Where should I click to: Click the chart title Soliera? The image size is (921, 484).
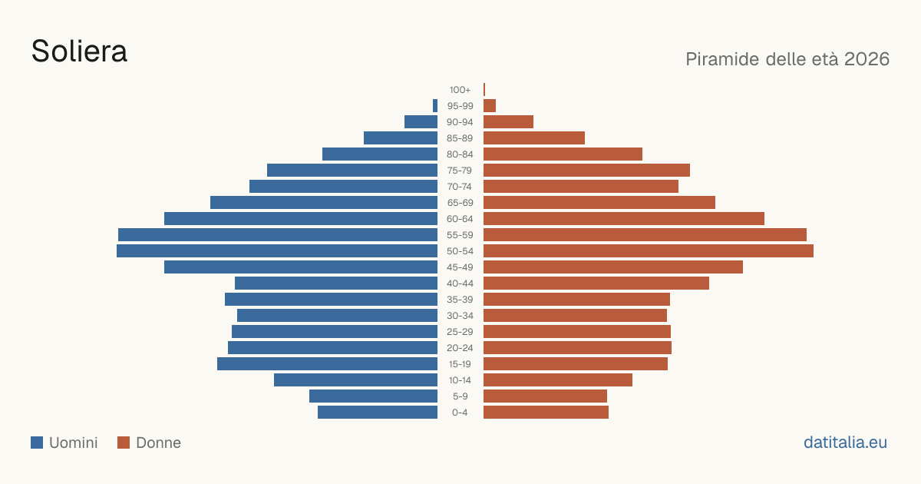(x=79, y=51)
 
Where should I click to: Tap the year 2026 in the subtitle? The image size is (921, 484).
(x=867, y=59)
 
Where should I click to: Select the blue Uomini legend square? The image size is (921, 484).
(x=37, y=443)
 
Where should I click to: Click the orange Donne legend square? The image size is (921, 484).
(x=124, y=443)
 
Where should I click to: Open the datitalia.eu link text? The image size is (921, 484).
(x=845, y=443)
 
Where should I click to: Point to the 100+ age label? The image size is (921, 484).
(x=460, y=90)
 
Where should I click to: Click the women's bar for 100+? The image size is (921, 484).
(x=484, y=89)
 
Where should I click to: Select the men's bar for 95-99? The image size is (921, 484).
(x=435, y=106)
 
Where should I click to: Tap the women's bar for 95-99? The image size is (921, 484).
(x=490, y=106)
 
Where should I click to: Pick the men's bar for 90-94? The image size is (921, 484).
(x=421, y=122)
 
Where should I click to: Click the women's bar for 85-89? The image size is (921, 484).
(x=534, y=138)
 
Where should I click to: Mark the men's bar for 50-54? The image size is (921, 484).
(x=277, y=251)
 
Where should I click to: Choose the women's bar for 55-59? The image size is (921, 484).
(x=645, y=234)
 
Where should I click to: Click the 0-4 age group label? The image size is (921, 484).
(x=460, y=413)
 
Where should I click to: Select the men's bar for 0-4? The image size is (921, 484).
(x=378, y=413)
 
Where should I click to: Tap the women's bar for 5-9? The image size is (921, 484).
(x=545, y=396)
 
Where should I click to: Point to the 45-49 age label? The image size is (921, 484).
(x=460, y=267)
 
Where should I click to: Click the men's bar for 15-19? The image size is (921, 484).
(x=327, y=364)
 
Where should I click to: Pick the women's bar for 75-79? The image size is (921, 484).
(x=586, y=171)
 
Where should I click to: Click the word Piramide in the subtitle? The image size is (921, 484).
(x=722, y=59)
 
